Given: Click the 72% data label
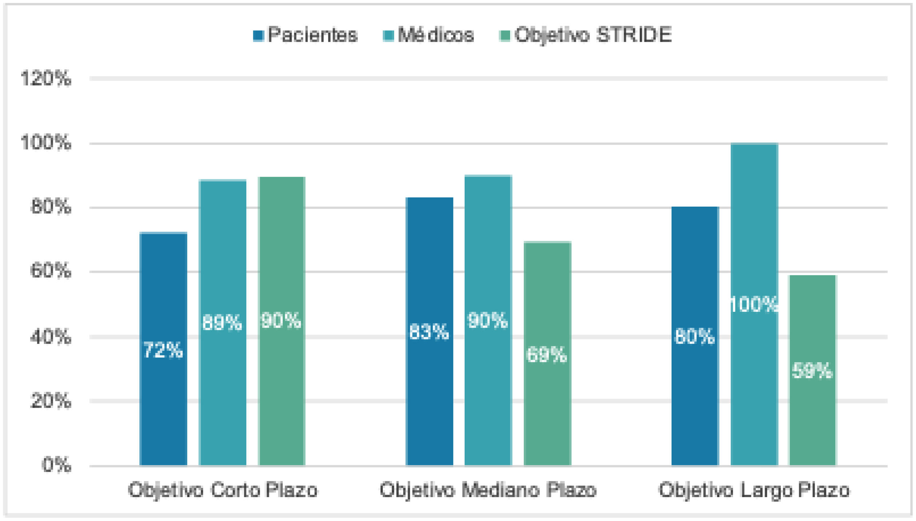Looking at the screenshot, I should pyautogui.click(x=163, y=350).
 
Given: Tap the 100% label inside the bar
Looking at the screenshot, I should pyautogui.click(x=754, y=304).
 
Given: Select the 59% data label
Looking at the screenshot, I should pyautogui.click(x=813, y=371).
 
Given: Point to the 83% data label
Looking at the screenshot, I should pyautogui.click(x=429, y=332).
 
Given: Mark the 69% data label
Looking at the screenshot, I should pyautogui.click(x=547, y=354).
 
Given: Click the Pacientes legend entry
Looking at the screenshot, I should pyautogui.click(x=306, y=35).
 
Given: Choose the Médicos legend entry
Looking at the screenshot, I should pyautogui.click(x=429, y=35).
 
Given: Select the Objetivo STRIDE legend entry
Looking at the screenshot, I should pyautogui.click(x=586, y=35).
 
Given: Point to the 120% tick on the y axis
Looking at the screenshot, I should pyautogui.click(x=46, y=79).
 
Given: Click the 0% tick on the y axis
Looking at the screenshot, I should pyautogui.click(x=56, y=465).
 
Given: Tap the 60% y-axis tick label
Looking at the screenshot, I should pyautogui.click(x=51, y=271).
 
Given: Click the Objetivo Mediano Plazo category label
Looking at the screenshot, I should pyautogui.click(x=488, y=490).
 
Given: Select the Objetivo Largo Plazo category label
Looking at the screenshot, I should pyautogui.click(x=754, y=490).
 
